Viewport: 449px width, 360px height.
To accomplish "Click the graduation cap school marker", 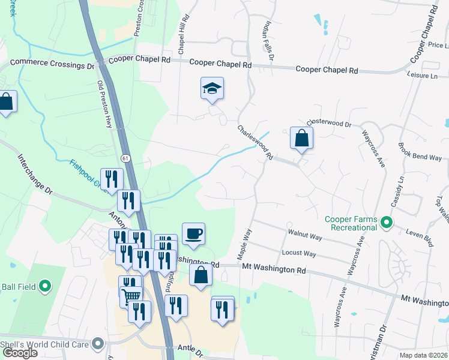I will (x=212, y=89).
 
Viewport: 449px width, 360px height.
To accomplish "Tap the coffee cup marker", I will (x=193, y=233).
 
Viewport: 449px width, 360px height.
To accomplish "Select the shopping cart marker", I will (x=131, y=295).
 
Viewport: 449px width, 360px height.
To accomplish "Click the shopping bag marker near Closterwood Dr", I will (x=301, y=138).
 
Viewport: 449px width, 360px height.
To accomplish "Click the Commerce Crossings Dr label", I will (x=52, y=63).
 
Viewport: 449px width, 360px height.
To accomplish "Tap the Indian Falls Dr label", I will (x=268, y=41).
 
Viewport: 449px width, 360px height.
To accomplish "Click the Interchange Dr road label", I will (x=35, y=175).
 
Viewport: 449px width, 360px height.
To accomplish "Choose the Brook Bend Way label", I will (x=420, y=152).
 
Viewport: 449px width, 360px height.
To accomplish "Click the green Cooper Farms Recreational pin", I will (x=387, y=223).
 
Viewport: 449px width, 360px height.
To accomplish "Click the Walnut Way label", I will (x=305, y=235).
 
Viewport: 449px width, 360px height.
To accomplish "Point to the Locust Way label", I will (x=301, y=253).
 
